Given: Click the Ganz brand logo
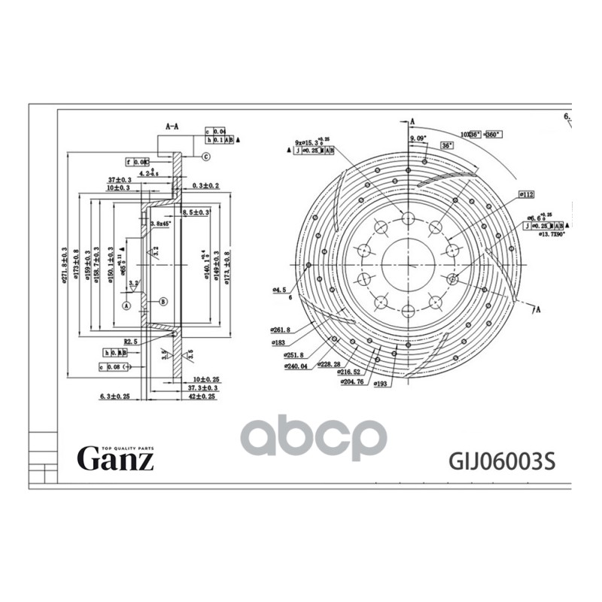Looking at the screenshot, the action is click(x=116, y=456).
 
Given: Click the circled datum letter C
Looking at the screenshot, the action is click(x=205, y=157).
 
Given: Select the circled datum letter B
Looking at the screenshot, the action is click(x=163, y=302).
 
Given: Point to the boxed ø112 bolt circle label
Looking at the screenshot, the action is click(x=526, y=195).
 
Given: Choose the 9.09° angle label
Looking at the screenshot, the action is click(x=418, y=139).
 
